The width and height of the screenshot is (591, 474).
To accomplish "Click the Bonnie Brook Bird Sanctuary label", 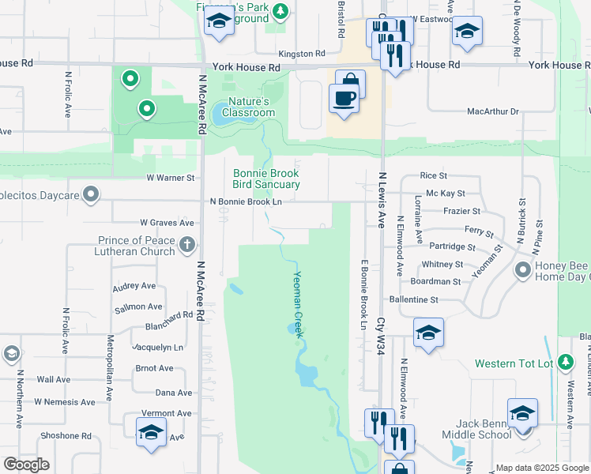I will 266,179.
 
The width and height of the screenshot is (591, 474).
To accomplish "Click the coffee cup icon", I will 344,98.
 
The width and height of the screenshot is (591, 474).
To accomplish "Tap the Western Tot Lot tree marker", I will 565,363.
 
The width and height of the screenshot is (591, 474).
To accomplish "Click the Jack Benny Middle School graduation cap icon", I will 521,413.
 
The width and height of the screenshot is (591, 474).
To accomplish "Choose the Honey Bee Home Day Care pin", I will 522,271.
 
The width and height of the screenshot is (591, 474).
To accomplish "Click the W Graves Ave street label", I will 167,224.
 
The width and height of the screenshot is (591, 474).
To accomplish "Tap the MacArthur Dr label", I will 492,111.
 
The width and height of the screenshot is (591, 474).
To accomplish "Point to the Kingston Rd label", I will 302,54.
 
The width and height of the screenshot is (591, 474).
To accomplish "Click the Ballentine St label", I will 413,300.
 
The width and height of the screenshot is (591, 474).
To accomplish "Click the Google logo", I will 26,465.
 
